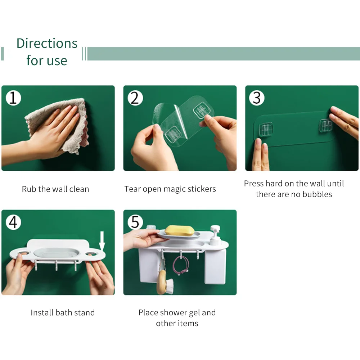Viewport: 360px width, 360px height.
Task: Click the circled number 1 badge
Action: (13, 98)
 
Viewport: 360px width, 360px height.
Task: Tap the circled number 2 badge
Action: (135, 98)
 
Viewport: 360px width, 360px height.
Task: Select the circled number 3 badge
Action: (257, 98)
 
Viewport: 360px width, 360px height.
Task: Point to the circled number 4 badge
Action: (13, 222)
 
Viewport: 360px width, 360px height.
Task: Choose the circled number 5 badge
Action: (135, 222)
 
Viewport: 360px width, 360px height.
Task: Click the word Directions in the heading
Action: (47, 43)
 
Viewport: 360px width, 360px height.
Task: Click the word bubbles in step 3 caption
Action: (317, 194)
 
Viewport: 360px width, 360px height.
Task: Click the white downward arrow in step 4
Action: (102, 241)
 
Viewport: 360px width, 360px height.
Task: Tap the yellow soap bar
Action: (180, 230)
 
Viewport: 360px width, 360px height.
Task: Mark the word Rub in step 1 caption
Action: (29, 189)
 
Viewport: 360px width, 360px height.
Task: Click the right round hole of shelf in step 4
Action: (91, 254)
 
